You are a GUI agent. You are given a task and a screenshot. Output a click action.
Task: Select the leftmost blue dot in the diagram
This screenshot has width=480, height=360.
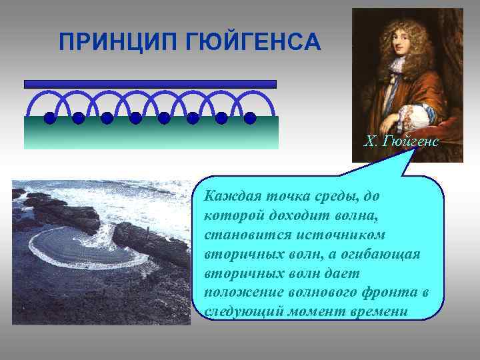(x=49, y=119)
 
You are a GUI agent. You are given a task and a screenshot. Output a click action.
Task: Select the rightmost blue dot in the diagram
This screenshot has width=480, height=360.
(x=250, y=119)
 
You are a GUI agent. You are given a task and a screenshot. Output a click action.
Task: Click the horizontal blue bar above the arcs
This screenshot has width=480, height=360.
(x=150, y=84)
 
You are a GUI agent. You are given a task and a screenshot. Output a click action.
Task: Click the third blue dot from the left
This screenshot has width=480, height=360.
(x=107, y=119)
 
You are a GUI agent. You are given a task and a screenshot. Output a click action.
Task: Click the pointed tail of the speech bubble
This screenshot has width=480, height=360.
(x=413, y=155)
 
